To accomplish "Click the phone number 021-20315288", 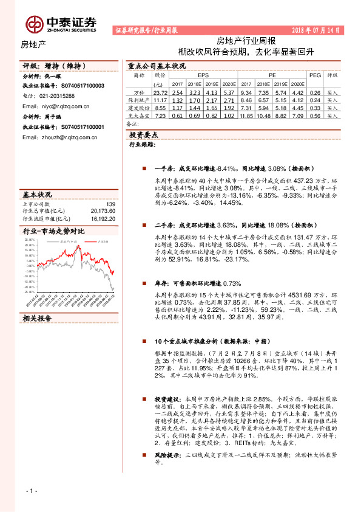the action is click(x=53, y=96).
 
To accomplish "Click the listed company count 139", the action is click(x=110, y=204).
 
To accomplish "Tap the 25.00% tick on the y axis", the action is click(x=30, y=240).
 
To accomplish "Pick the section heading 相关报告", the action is click(x=38, y=317).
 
